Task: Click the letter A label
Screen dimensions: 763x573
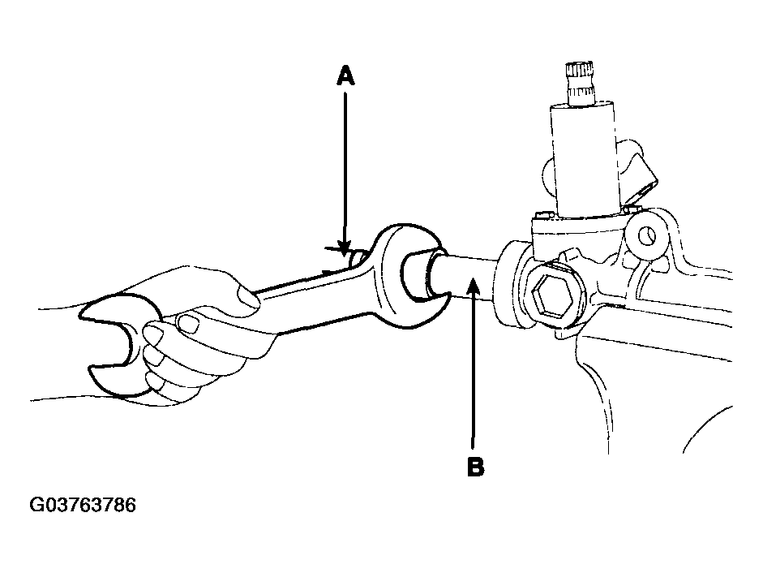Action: click(x=345, y=76)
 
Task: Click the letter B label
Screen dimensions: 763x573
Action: click(x=475, y=467)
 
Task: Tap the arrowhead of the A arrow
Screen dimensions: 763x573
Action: click(x=345, y=248)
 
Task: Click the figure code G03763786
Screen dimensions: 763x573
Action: click(x=83, y=505)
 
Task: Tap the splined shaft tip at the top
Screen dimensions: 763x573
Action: click(x=580, y=83)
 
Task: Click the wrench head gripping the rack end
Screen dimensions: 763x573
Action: click(x=409, y=276)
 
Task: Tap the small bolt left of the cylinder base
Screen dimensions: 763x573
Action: click(x=543, y=215)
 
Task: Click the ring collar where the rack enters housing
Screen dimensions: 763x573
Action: click(x=511, y=284)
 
